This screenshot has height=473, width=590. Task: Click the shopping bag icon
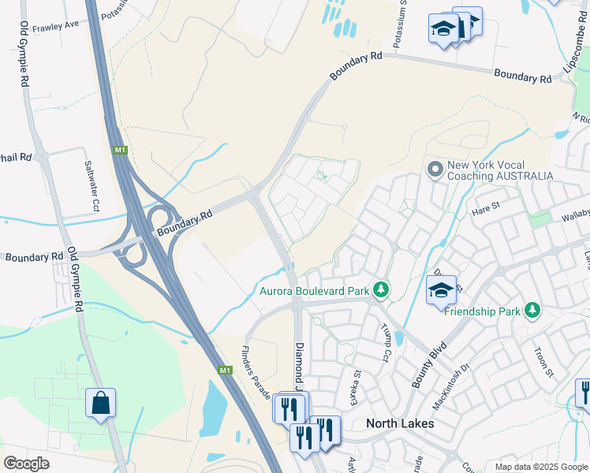101,403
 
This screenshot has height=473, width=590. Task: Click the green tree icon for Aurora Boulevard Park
381,291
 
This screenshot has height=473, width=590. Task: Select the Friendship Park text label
482,311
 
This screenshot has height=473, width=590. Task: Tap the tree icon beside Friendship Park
532,311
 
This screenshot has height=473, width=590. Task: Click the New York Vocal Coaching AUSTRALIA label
500,170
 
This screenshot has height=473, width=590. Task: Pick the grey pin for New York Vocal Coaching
435,169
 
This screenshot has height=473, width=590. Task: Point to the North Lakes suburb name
400,423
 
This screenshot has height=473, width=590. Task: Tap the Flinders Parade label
256,367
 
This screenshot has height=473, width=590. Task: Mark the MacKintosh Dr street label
450,387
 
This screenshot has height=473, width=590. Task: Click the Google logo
27,463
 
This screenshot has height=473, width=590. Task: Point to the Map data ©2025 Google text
540,467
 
